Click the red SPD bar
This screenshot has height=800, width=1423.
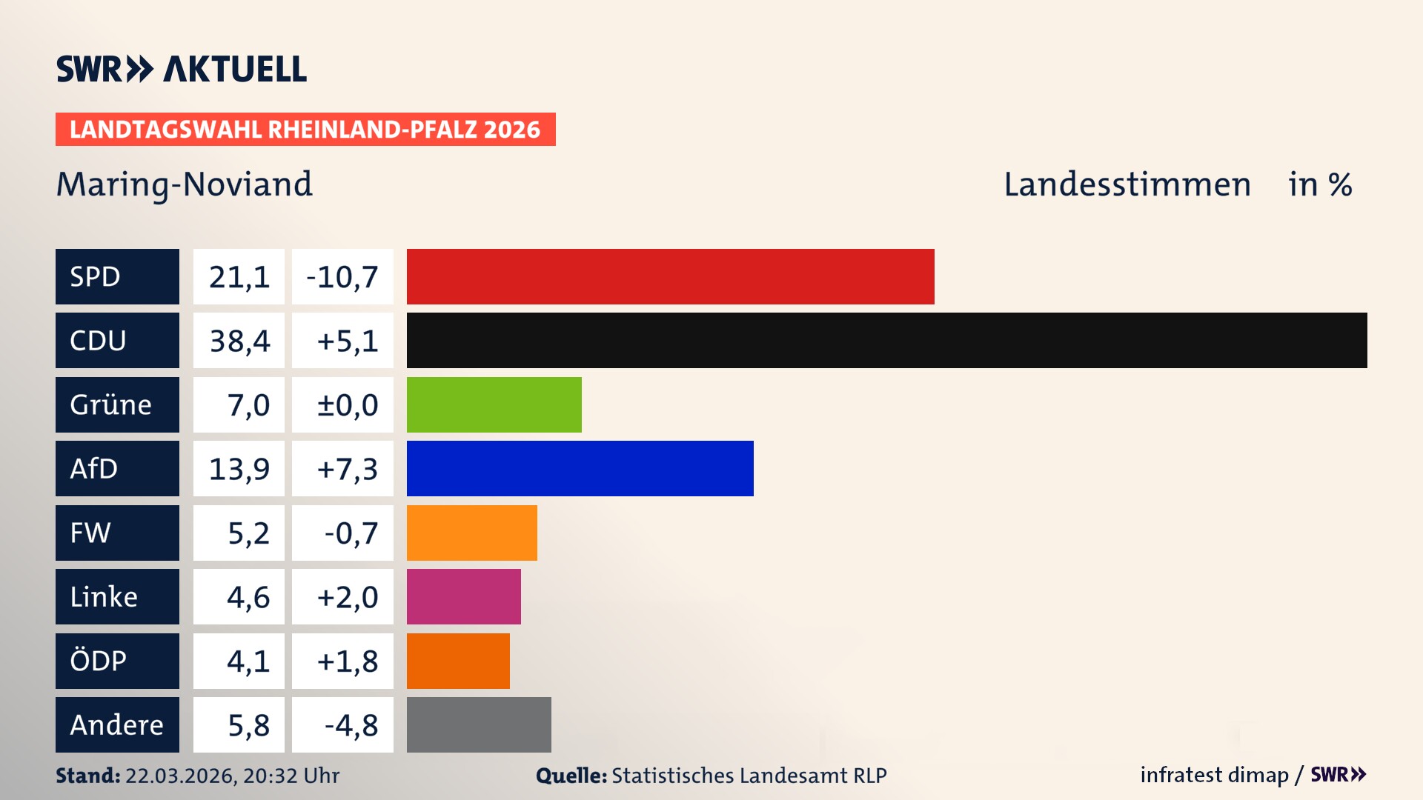click(670, 276)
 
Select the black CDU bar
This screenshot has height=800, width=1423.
click(886, 340)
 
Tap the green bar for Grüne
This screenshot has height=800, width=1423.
click(494, 404)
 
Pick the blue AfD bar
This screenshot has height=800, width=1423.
click(580, 468)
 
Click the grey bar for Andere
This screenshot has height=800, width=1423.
click(479, 724)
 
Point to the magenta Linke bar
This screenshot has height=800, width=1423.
click(463, 596)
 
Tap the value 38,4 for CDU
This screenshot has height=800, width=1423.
click(239, 341)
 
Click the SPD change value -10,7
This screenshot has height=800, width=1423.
click(342, 277)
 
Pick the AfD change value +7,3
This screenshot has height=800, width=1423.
click(347, 469)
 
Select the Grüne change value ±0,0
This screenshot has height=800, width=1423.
click(347, 405)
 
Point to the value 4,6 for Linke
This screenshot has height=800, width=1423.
click(248, 597)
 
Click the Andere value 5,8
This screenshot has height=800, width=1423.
click(248, 725)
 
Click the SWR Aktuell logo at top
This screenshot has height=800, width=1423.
click(181, 69)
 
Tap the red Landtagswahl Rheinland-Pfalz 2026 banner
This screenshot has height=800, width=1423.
click(305, 130)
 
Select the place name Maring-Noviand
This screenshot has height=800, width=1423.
click(185, 184)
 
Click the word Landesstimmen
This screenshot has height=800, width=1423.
click(1127, 184)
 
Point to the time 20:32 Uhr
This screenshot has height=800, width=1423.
click(291, 776)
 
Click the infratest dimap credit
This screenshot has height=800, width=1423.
click(1214, 775)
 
